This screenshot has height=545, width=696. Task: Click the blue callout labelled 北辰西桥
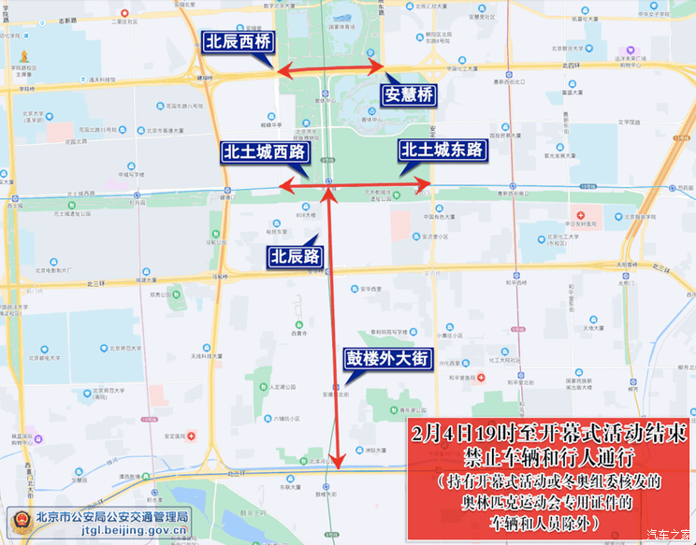(239, 41)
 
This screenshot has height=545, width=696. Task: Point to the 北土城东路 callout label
(442, 150)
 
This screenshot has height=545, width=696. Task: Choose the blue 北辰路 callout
(295, 256)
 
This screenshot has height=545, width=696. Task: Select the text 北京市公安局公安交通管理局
(111, 515)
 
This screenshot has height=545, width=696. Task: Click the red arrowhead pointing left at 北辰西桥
(278, 69)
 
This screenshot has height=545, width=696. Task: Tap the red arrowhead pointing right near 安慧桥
(378, 68)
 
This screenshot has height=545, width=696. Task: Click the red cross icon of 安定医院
(192, 436)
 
